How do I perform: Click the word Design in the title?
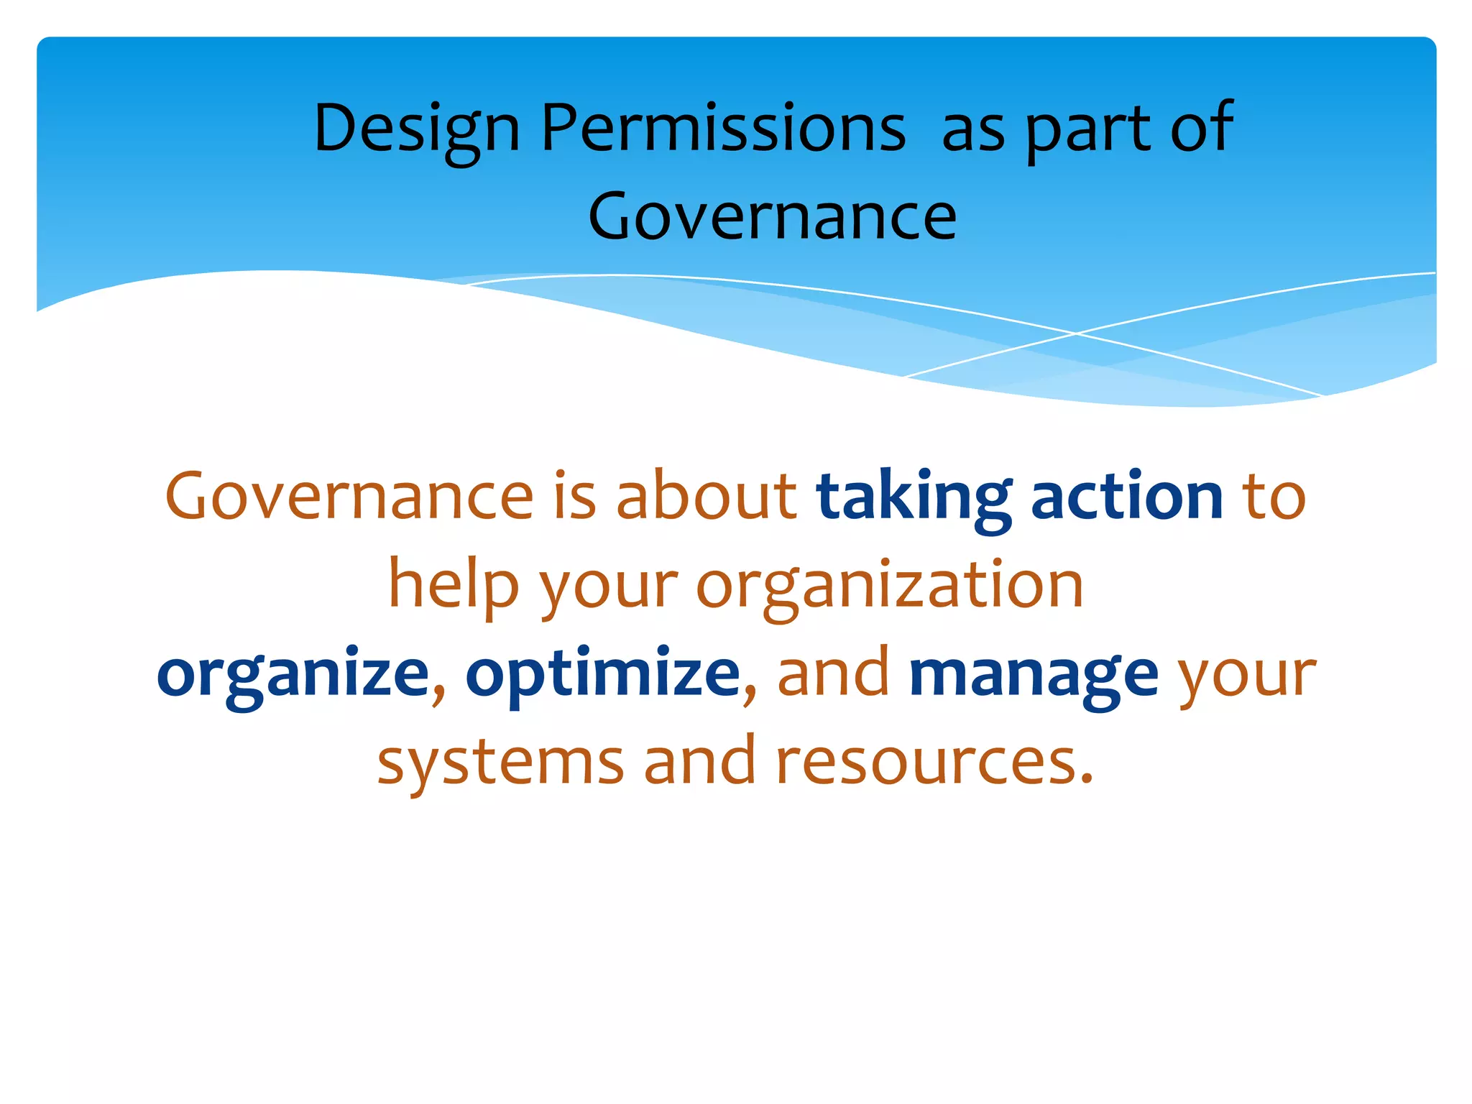(x=417, y=129)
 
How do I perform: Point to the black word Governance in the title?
(x=773, y=216)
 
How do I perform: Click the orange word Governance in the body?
(x=349, y=497)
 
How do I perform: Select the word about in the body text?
(x=706, y=497)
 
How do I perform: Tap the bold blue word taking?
(x=914, y=498)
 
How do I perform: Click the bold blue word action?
(x=1127, y=497)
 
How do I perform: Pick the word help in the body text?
(x=453, y=586)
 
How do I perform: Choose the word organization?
(x=890, y=586)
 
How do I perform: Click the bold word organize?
(x=293, y=674)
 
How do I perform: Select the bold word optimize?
(x=602, y=674)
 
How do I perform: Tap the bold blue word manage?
(x=1034, y=674)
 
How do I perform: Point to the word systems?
(x=500, y=762)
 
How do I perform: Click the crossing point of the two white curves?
(x=1076, y=333)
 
